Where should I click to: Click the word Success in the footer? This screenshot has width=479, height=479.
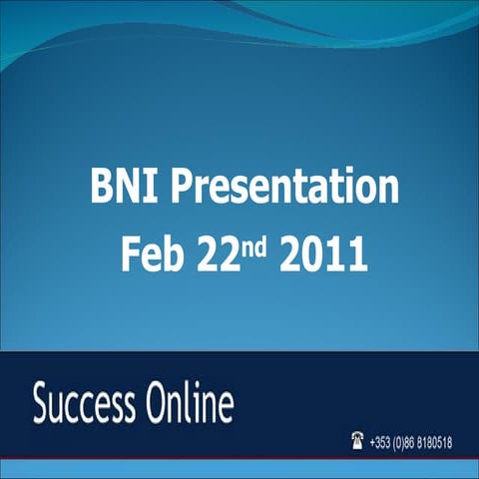(86, 407)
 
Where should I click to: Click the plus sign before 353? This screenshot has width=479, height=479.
(372, 440)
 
